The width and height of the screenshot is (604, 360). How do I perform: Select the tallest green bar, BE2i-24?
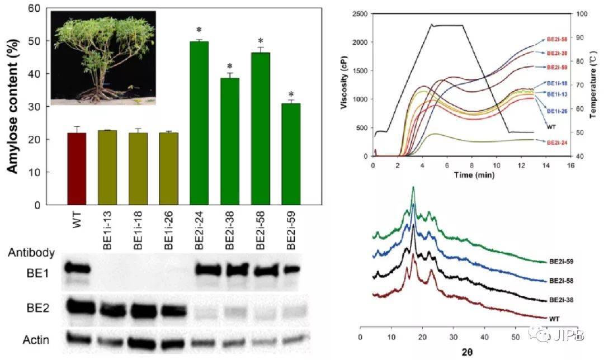click(x=199, y=123)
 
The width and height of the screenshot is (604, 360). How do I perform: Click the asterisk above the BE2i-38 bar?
click(x=229, y=66)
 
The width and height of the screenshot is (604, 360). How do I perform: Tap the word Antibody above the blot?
click(x=31, y=253)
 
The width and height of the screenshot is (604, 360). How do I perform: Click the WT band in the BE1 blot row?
click(x=77, y=269)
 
